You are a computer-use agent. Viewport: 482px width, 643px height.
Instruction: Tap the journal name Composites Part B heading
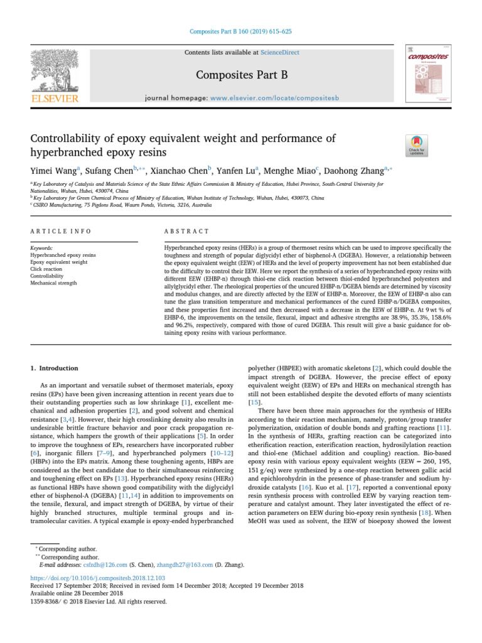(241, 75)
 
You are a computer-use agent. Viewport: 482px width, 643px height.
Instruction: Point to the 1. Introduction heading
(55, 368)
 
